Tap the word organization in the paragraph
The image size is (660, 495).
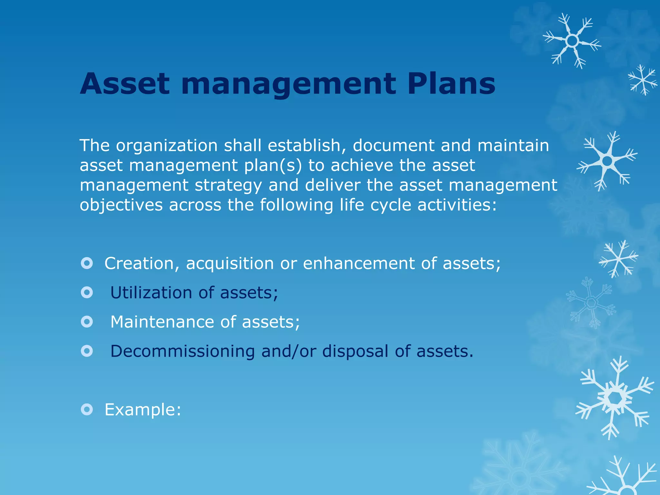(167, 146)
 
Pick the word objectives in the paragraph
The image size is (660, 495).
(121, 205)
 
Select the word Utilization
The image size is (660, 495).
(151, 293)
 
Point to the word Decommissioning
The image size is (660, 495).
(182, 351)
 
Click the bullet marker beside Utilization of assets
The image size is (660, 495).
(87, 293)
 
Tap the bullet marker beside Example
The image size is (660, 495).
(87, 410)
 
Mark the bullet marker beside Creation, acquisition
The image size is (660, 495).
(87, 263)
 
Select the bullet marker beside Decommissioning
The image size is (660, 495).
(87, 351)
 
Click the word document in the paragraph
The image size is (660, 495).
(393, 146)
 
